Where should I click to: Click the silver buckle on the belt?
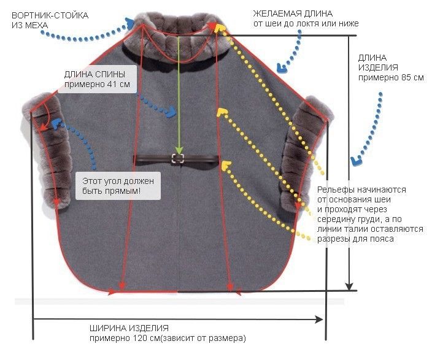(178, 159)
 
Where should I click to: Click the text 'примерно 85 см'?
(391, 78)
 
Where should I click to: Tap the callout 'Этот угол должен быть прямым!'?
(117, 186)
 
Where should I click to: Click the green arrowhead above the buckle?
(179, 148)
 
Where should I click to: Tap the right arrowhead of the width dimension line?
(319, 319)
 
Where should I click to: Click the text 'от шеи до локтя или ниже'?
(306, 23)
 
